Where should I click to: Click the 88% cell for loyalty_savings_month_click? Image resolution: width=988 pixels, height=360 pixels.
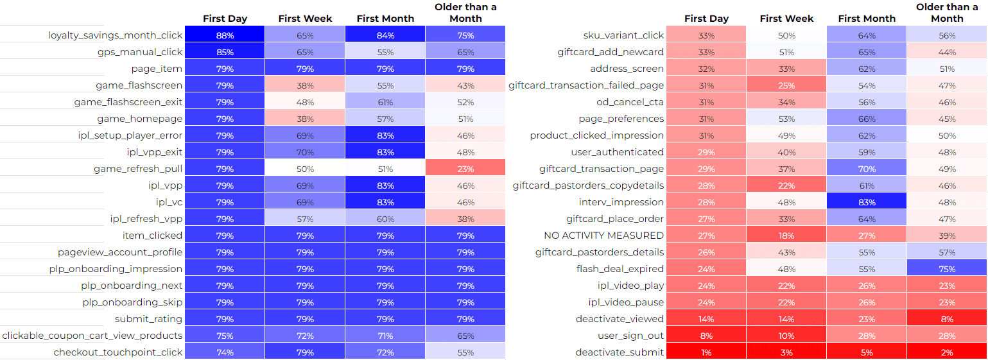[x=225, y=35]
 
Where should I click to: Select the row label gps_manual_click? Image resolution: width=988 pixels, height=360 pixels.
[x=139, y=51]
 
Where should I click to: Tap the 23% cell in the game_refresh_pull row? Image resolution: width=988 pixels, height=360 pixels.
[x=465, y=168]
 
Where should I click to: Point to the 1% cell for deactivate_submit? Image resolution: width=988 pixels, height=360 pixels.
[x=706, y=352]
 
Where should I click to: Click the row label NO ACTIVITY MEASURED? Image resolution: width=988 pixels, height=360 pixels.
[x=603, y=236]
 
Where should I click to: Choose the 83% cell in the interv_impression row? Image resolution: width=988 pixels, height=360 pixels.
[x=867, y=201]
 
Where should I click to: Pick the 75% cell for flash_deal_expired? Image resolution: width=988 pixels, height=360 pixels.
[x=947, y=268]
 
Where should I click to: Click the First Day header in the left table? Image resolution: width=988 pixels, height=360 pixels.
[x=225, y=19]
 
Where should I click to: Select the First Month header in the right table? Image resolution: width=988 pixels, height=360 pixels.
[x=867, y=19]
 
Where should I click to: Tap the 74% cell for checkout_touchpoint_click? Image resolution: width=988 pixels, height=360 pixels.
[x=225, y=352]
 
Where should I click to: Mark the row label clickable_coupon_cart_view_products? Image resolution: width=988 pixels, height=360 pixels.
[x=92, y=336]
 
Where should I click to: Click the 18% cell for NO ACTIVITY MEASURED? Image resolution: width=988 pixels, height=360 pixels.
[x=786, y=236]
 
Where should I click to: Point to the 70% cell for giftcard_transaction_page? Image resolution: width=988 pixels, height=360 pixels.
[x=867, y=168]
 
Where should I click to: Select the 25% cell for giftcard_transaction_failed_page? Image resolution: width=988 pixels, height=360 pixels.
[x=786, y=85]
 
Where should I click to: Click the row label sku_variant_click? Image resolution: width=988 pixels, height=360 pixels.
[x=623, y=35]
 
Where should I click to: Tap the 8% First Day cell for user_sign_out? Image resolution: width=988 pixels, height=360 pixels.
[x=706, y=336]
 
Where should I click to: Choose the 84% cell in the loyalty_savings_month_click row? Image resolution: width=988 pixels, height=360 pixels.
[x=385, y=35]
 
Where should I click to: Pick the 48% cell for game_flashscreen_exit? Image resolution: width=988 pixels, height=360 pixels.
[x=305, y=102]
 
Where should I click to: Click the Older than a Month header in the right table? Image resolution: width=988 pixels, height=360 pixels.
[x=947, y=13]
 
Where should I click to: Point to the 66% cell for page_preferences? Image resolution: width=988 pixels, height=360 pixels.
[x=867, y=119]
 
